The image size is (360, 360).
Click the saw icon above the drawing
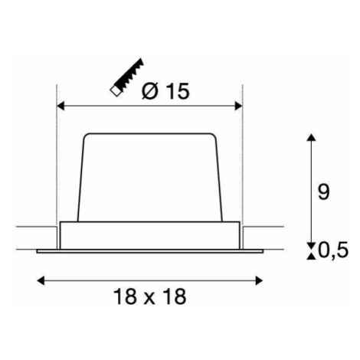pyautogui.click(x=126, y=77)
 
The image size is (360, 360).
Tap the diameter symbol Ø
pyautogui.click(x=150, y=91)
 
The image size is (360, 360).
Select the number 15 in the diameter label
pyautogui.click(x=178, y=91)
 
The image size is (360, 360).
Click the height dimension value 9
pyautogui.click(x=323, y=191)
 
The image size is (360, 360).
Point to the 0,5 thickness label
pyautogui.click(x=333, y=250)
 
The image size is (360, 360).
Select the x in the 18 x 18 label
pyautogui.click(x=150, y=298)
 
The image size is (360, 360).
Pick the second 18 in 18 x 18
pyautogui.click(x=175, y=296)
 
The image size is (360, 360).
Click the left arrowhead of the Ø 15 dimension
pyautogui.click(x=61, y=106)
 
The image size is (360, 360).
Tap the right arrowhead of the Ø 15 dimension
pyautogui.click(x=238, y=106)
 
